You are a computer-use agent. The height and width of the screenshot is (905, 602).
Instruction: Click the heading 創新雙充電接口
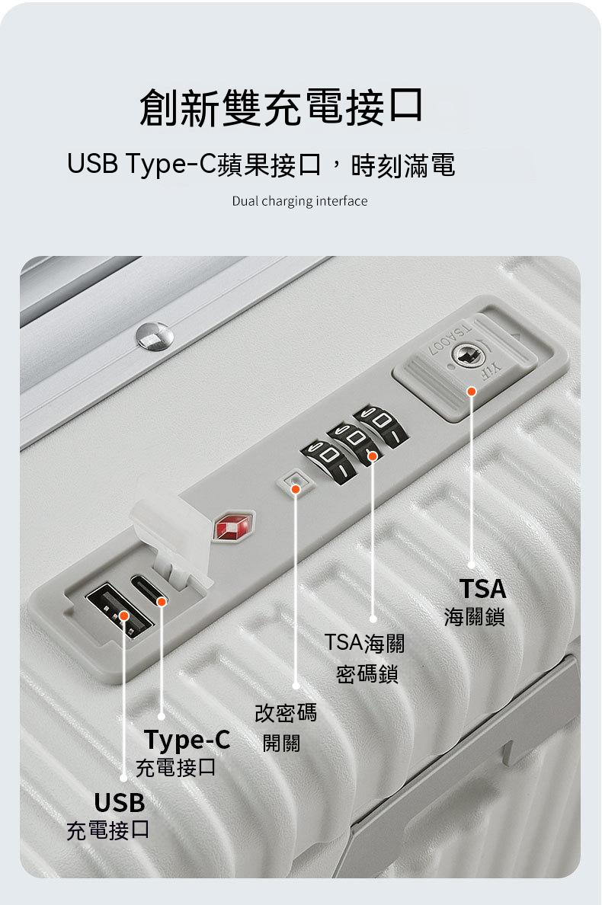(x=282, y=107)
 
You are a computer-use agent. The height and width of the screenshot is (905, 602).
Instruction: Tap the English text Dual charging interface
(x=299, y=201)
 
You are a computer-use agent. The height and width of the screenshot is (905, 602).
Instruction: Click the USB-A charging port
(x=119, y=611)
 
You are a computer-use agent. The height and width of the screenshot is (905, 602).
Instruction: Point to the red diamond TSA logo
(x=233, y=526)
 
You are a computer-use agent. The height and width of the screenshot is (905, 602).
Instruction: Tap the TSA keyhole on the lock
(x=465, y=356)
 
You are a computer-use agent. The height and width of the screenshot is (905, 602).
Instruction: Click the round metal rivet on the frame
(x=155, y=337)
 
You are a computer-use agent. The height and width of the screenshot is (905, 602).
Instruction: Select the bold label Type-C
(x=187, y=740)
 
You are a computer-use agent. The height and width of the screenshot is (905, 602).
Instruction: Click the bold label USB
(x=120, y=802)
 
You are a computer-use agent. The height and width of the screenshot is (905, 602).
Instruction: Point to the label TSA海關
(x=364, y=642)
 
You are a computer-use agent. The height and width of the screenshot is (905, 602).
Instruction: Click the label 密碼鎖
(x=367, y=673)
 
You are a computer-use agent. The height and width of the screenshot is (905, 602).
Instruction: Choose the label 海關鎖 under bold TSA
(x=475, y=617)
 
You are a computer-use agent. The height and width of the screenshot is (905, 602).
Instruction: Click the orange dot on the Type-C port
(x=162, y=602)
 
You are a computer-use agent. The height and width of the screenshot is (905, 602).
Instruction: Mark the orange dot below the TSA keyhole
(x=472, y=392)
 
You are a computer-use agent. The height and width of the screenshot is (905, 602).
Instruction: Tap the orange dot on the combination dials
(x=373, y=456)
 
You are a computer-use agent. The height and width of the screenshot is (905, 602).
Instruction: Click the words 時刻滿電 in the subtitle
(x=403, y=165)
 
